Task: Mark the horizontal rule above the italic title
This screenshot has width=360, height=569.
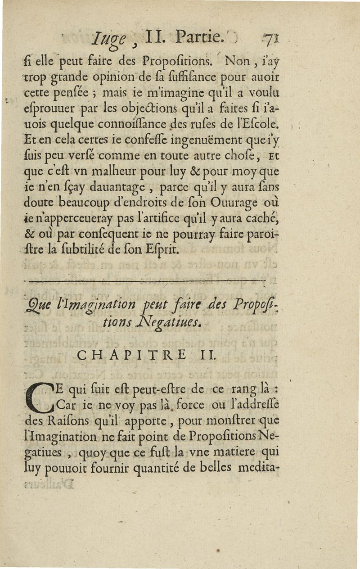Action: coord(146,281)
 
